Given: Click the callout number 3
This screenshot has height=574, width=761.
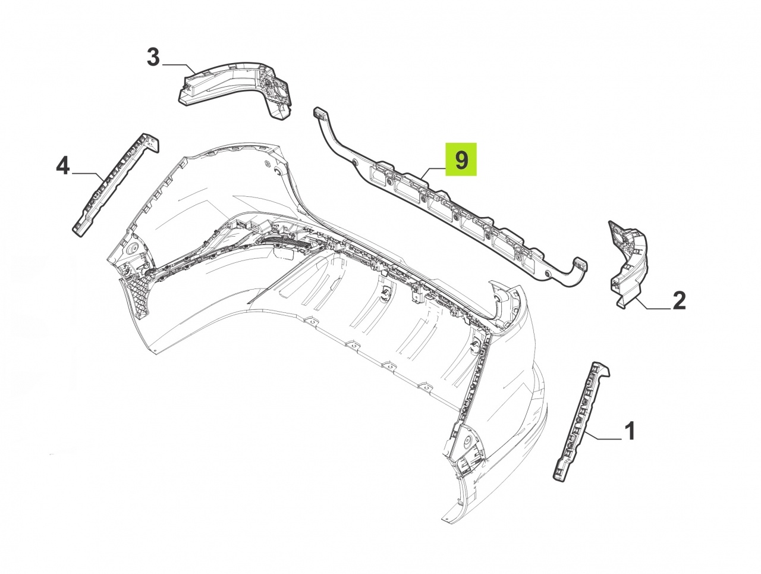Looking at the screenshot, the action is pyautogui.click(x=153, y=57).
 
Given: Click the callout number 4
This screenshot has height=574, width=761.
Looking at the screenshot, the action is pyautogui.click(x=63, y=166).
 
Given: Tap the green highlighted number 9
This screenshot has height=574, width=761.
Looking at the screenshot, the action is pyautogui.click(x=461, y=159).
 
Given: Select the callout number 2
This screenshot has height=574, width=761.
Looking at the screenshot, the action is pyautogui.click(x=679, y=301).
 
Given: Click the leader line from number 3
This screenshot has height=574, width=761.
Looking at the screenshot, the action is pyautogui.click(x=179, y=68).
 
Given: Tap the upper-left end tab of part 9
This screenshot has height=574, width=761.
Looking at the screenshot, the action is pyautogui.click(x=320, y=113).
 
